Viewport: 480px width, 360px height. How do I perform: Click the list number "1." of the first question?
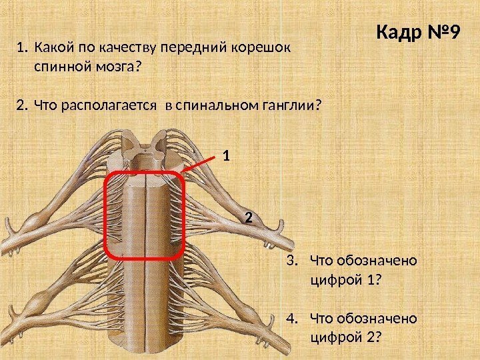coord(23,49)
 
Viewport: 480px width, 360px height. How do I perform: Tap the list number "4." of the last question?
coord(294,315)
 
